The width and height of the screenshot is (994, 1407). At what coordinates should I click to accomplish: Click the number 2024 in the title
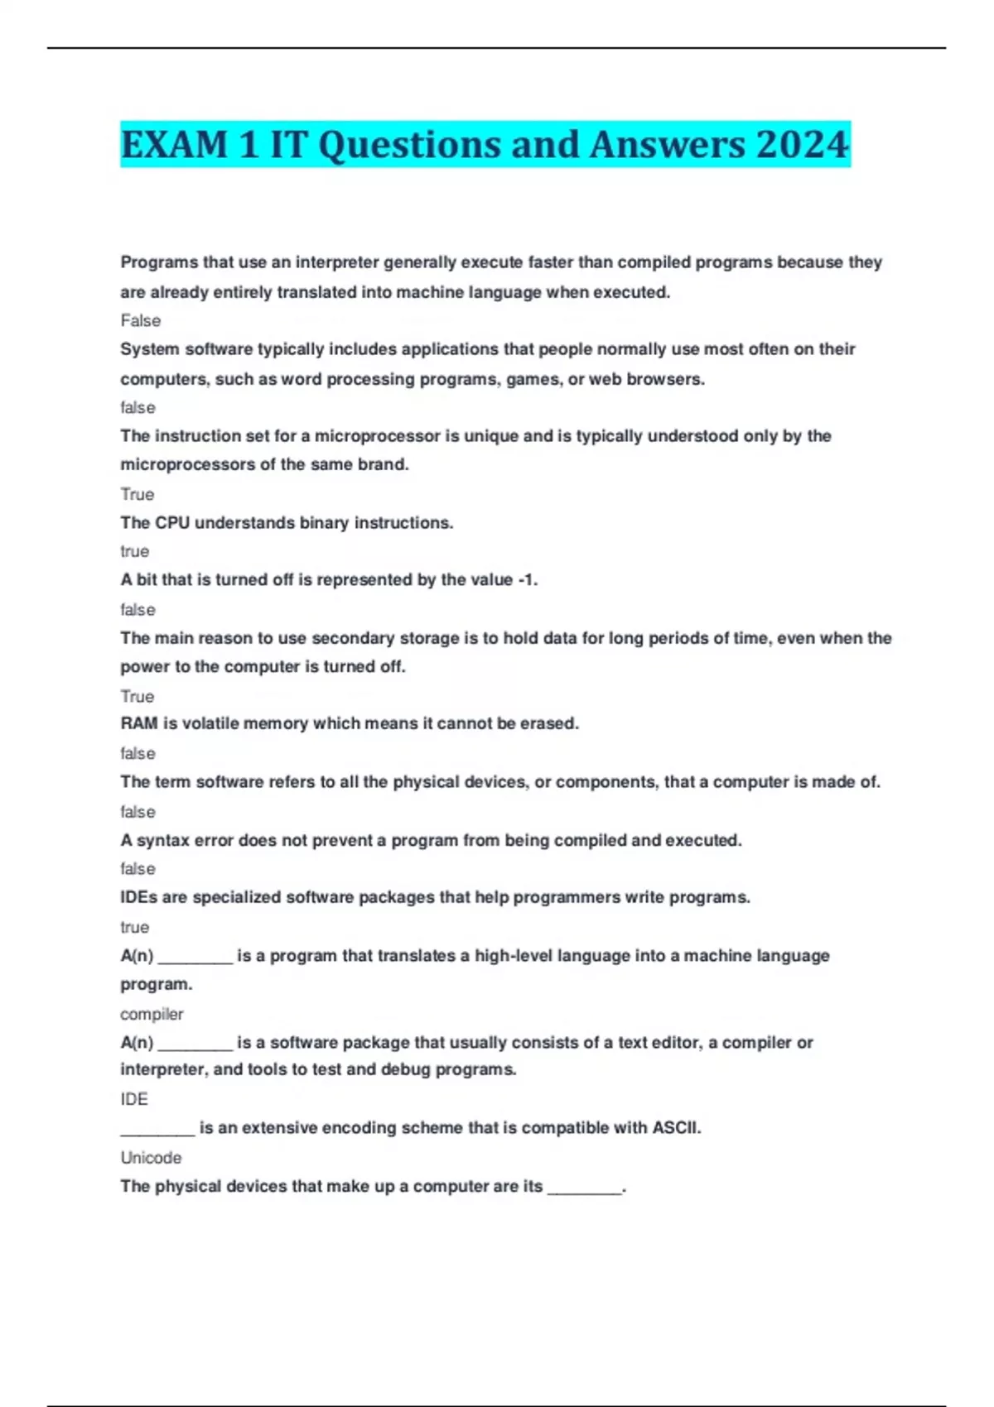(802, 145)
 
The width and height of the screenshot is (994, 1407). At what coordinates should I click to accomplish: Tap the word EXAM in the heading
(174, 145)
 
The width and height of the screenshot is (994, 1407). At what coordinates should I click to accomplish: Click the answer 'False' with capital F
(140, 320)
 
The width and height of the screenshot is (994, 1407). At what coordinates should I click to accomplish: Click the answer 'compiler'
(152, 1014)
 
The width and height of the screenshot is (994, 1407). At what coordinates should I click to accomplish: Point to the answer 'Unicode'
(151, 1158)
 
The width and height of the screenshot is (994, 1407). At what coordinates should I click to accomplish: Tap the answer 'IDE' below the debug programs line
(134, 1099)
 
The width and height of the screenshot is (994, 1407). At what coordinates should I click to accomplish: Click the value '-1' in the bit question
(526, 580)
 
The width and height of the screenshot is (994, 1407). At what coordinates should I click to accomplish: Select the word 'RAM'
(138, 723)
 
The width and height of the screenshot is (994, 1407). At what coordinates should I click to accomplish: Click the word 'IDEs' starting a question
(138, 897)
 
